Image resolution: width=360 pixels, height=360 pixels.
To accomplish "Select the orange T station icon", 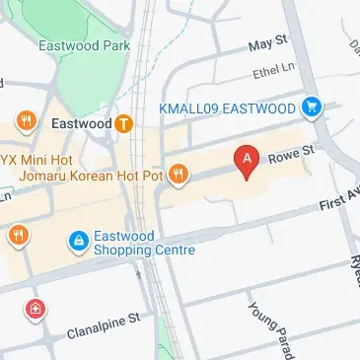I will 124,124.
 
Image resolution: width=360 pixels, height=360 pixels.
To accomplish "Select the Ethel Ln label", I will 275,72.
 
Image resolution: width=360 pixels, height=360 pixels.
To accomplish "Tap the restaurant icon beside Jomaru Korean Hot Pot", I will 179,176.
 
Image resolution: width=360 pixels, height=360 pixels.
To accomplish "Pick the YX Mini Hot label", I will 37,158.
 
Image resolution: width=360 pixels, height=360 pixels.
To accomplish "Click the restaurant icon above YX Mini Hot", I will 26,122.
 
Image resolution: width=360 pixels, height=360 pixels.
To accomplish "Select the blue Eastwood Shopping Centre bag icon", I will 77,241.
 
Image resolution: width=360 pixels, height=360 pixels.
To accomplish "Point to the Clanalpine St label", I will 105,327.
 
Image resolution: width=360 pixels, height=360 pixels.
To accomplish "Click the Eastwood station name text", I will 80,125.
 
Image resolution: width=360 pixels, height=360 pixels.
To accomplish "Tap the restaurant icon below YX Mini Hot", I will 19,235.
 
